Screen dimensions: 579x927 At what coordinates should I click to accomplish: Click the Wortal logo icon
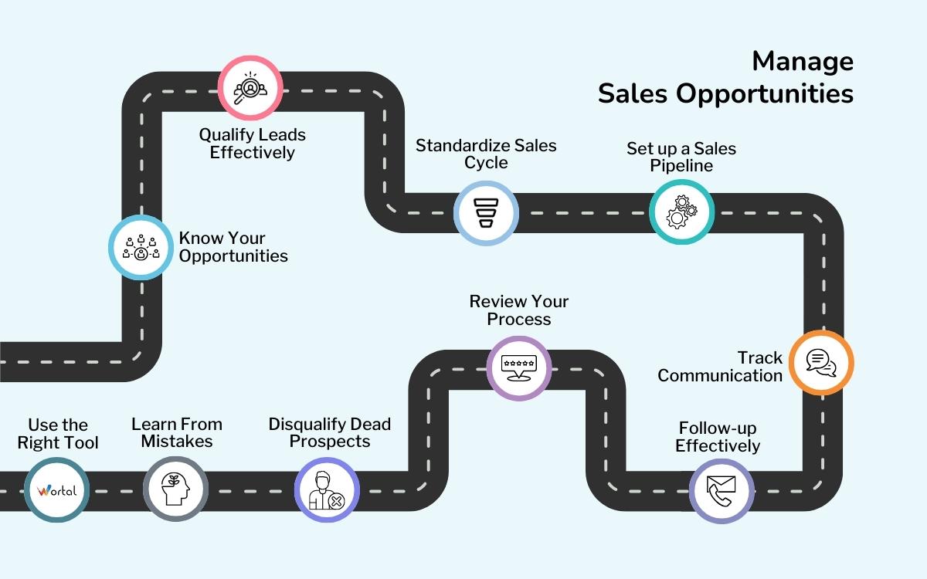[56, 490]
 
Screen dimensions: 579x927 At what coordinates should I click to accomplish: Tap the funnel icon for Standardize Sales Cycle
[485, 212]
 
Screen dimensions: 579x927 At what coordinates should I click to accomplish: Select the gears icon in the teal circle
[681, 212]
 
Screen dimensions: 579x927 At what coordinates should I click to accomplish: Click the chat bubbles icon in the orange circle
[820, 363]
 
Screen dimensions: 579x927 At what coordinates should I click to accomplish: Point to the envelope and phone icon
[721, 490]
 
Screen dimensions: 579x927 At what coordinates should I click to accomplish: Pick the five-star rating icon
[518, 367]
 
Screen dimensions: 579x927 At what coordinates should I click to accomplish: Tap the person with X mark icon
[327, 490]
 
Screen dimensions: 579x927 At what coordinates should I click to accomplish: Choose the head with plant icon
[175, 489]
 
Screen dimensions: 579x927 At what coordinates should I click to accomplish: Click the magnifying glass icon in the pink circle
[250, 86]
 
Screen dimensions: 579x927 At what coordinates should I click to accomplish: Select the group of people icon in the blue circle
[141, 247]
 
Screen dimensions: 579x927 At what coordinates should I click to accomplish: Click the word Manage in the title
[803, 61]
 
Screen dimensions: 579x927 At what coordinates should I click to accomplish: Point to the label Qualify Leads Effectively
[253, 144]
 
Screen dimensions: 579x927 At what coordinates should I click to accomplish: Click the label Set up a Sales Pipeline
[681, 157]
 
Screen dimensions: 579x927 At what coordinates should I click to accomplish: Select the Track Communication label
[720, 367]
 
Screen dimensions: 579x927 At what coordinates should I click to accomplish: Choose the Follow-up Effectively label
[718, 437]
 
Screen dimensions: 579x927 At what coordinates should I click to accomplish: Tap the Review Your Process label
[519, 310]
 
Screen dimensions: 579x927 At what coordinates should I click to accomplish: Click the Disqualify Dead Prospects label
[330, 433]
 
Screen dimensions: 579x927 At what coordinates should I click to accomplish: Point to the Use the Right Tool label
[58, 434]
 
